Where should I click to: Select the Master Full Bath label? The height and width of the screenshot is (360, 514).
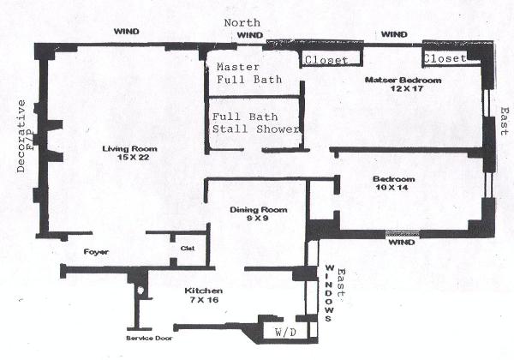(x=243, y=74)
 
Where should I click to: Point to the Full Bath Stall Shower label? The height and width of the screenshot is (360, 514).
(x=256, y=123)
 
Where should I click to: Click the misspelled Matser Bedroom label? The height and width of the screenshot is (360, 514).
(x=403, y=80)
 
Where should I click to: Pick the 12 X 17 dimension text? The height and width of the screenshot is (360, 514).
(x=403, y=89)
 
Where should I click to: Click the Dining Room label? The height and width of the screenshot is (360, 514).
(x=256, y=210)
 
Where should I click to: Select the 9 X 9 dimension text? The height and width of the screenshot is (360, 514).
(x=256, y=219)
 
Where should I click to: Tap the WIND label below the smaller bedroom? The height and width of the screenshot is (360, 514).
(x=401, y=243)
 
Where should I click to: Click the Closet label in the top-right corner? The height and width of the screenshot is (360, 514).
(x=444, y=58)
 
